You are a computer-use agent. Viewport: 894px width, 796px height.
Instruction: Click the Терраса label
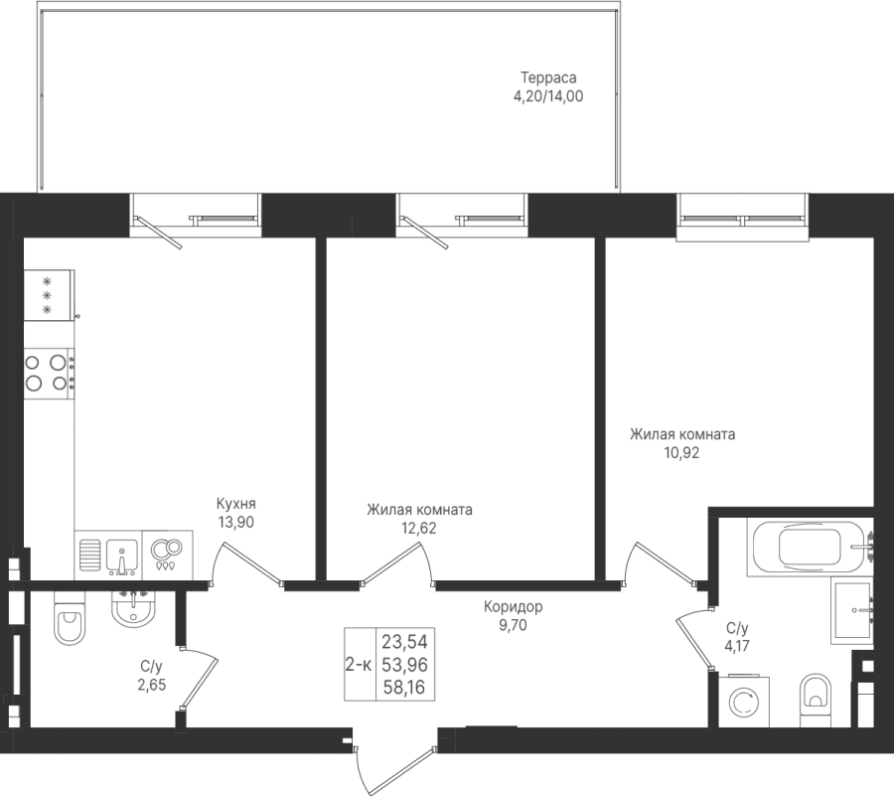548,78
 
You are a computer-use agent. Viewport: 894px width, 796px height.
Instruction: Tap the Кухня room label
236,504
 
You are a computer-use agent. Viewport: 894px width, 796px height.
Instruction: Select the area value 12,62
419,528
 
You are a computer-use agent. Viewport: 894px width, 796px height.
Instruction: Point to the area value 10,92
681,453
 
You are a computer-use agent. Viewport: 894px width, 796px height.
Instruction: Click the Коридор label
514,607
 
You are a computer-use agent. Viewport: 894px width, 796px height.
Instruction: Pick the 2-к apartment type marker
359,664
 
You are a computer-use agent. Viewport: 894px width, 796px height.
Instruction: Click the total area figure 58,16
404,687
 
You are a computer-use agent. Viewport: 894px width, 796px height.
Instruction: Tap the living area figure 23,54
404,642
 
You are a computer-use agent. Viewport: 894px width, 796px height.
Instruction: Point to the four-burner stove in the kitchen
50,373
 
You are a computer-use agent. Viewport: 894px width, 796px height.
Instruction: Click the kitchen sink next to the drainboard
122,556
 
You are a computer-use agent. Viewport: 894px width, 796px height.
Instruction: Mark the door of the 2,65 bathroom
198,679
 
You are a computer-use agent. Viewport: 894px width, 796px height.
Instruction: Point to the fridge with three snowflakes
50,295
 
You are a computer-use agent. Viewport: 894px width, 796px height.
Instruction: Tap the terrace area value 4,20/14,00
548,96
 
